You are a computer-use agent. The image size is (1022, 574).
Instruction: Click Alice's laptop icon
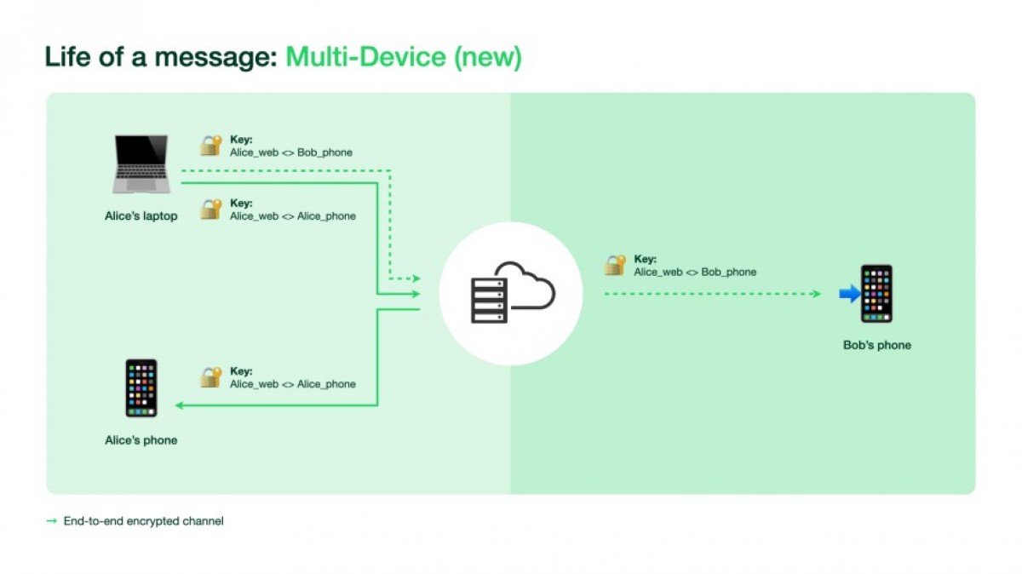[141, 164]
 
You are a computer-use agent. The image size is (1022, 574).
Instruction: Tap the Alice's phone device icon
[141, 388]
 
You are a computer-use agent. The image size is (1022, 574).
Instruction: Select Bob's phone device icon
[876, 294]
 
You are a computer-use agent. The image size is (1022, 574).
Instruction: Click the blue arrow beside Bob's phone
[849, 294]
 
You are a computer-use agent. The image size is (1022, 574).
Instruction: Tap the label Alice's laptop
[141, 216]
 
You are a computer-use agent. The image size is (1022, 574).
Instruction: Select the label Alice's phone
[141, 440]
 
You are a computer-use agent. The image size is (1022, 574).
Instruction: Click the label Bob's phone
[876, 346]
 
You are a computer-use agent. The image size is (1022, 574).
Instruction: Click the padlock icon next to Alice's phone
[210, 377]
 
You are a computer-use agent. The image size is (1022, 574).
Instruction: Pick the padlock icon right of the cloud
[615, 265]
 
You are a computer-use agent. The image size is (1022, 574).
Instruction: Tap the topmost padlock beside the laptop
[210, 145]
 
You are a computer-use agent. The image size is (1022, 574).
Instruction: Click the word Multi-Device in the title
[365, 57]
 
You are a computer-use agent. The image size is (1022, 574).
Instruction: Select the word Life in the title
[66, 57]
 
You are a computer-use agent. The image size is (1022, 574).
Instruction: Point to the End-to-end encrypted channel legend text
[143, 520]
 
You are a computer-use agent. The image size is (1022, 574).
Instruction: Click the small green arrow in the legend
[52, 520]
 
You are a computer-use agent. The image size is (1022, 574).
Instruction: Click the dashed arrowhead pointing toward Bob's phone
[816, 294]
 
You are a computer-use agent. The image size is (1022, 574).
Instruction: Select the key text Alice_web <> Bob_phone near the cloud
[695, 273]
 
